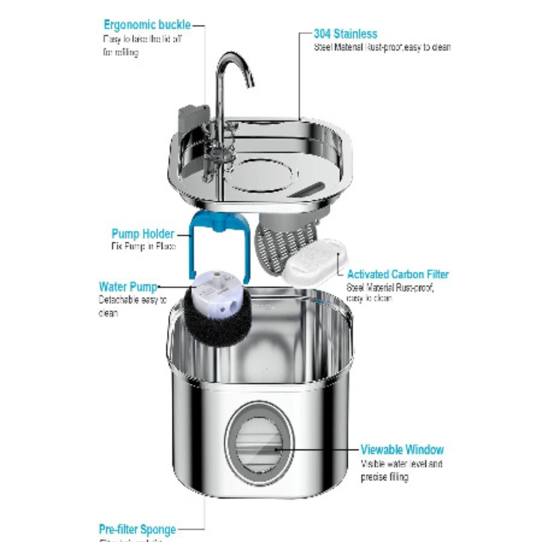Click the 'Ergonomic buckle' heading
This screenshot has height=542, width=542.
pyautogui.click(x=147, y=25)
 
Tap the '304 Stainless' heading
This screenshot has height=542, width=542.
pyautogui.click(x=345, y=34)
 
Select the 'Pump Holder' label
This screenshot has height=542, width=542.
pyautogui.click(x=143, y=234)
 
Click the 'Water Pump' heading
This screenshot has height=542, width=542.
pyautogui.click(x=128, y=287)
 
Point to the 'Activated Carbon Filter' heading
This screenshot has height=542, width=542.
pyautogui.click(x=397, y=275)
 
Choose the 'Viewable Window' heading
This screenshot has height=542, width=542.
pyautogui.click(x=402, y=449)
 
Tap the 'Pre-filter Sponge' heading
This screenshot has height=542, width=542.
pyautogui.click(x=137, y=529)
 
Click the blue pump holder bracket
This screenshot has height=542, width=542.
pyautogui.click(x=193, y=251)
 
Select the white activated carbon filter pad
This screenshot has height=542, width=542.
pyautogui.click(x=315, y=262)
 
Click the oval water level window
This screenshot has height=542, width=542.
pyautogui.click(x=259, y=445)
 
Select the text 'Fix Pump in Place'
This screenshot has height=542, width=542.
pyautogui.click(x=143, y=247)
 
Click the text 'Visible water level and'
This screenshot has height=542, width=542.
pyautogui.click(x=401, y=464)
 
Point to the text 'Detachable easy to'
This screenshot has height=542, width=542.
pyautogui.click(x=132, y=300)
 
